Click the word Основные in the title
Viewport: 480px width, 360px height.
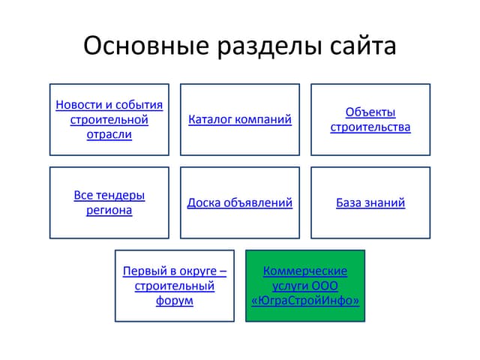pyautogui.click(x=146, y=45)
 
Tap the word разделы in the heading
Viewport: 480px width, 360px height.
pyautogui.click(x=270, y=46)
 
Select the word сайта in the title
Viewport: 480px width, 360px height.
pyautogui.click(x=363, y=46)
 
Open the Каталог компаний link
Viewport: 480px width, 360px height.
pyautogui.click(x=240, y=119)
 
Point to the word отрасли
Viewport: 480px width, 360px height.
pyautogui.click(x=109, y=135)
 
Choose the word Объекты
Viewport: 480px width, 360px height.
pyautogui.click(x=370, y=112)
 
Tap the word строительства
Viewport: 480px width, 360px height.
pyautogui.click(x=370, y=127)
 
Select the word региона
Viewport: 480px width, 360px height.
pyautogui.click(x=109, y=210)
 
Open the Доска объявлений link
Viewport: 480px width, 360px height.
pyautogui.click(x=240, y=202)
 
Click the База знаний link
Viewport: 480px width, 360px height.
pyautogui.click(x=370, y=202)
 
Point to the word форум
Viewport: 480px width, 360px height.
pyautogui.click(x=175, y=301)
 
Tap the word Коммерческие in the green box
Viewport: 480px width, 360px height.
pyautogui.click(x=305, y=271)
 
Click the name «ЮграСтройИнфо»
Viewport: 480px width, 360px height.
pyautogui.click(x=305, y=301)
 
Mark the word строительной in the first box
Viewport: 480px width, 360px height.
pyautogui.click(x=109, y=120)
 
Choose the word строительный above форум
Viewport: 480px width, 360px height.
pyautogui.click(x=175, y=286)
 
